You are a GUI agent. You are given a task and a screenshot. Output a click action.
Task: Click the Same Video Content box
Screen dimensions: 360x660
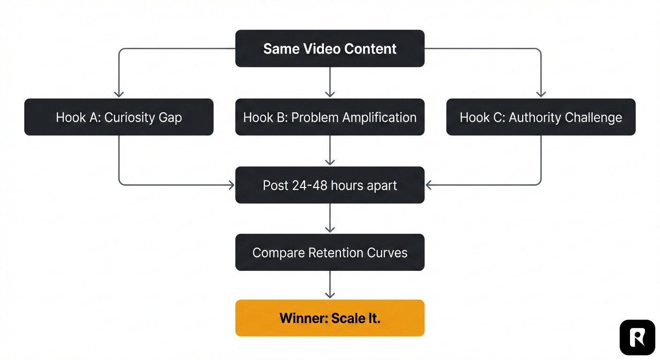click(x=330, y=48)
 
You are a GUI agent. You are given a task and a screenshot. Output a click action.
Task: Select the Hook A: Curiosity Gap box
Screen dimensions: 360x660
click(x=119, y=117)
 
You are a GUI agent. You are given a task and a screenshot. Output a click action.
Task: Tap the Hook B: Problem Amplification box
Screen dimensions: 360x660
click(x=330, y=117)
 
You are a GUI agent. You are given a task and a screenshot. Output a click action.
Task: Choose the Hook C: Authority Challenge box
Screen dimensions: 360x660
click(x=540, y=117)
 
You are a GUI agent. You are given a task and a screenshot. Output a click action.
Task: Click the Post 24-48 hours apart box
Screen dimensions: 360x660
click(x=330, y=185)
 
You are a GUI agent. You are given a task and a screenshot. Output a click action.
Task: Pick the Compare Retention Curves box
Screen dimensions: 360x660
click(x=330, y=253)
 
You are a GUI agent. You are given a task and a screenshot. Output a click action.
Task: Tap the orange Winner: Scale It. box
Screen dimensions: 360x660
click(x=330, y=318)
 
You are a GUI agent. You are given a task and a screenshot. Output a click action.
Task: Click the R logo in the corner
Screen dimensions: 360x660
click(x=637, y=337)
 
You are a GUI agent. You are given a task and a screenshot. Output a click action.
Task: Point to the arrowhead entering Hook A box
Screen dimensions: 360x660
click(x=119, y=94)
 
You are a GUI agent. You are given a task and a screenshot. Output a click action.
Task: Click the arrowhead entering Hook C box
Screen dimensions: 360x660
click(x=540, y=94)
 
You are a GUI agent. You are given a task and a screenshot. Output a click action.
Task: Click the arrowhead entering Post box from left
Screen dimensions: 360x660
click(x=231, y=185)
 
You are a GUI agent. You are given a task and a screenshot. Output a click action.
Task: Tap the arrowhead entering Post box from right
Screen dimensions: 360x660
click(x=429, y=185)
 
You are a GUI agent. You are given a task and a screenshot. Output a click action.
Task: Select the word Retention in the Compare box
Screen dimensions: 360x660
click(x=337, y=253)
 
